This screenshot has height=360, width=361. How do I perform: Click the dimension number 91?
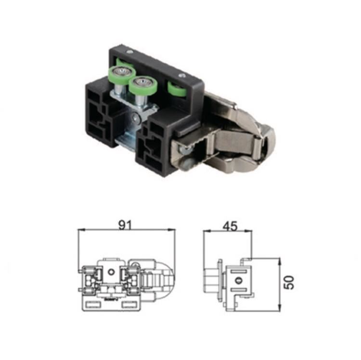click(126, 225)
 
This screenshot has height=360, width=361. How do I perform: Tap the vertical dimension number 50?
click(289, 282)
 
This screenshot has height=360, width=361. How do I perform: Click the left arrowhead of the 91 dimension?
click(81, 229)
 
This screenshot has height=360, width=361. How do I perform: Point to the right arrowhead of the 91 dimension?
click(171, 229)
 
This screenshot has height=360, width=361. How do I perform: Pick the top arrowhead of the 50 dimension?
click(280, 262)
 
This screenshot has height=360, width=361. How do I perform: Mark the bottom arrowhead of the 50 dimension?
click(280, 307)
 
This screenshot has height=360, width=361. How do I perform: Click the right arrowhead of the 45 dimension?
click(248, 230)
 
